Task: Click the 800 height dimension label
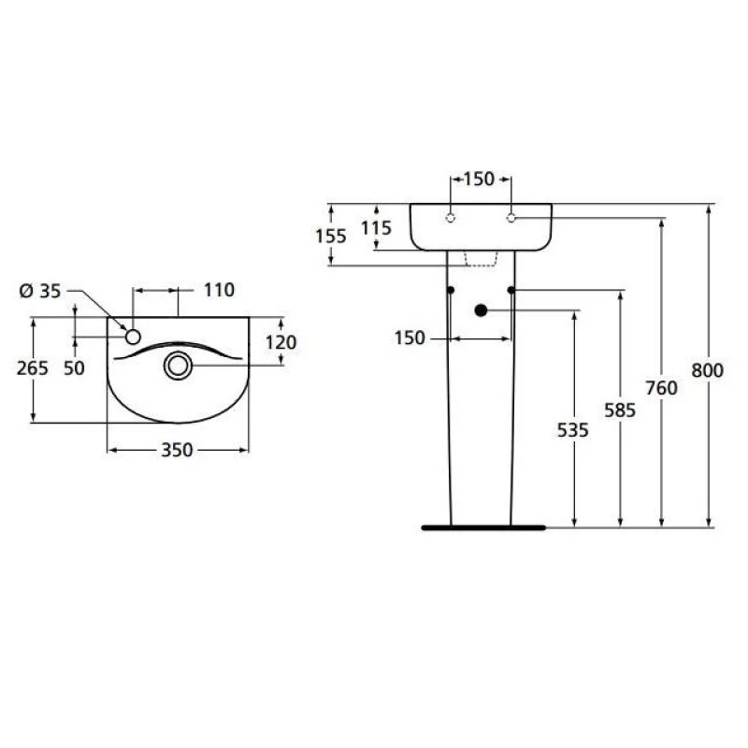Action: pos(708,371)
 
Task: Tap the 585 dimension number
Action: pos(619,410)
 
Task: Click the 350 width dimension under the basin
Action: pos(176,451)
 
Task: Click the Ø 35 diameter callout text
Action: pos(40,291)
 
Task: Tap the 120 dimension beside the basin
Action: pos(280,343)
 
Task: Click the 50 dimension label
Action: pos(74,368)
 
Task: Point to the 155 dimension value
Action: pos(331,236)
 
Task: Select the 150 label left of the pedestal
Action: pos(410,338)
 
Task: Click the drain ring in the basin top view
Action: pos(178,365)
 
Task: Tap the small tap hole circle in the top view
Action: pos(133,336)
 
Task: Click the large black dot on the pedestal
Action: pos(481,309)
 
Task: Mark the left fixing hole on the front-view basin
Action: pos(450,218)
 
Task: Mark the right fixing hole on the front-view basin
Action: pos(511,218)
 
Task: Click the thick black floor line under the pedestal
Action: pos(482,527)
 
